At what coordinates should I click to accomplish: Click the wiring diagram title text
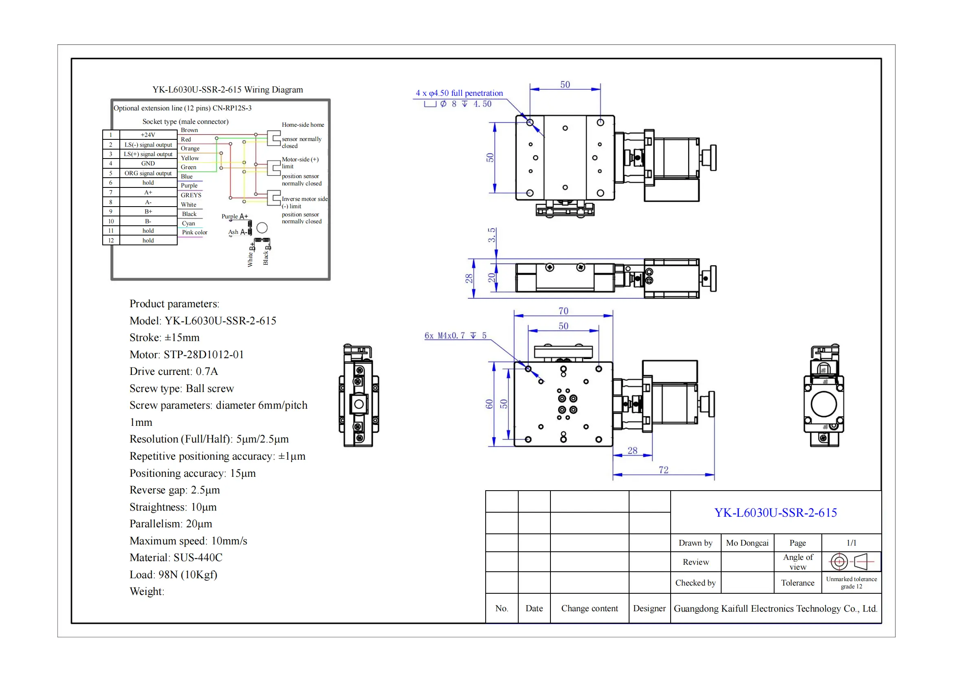[227, 90]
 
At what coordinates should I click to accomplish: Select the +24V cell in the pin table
[148, 135]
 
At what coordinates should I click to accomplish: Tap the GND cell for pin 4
[148, 163]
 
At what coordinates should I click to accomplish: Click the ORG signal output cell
[148, 173]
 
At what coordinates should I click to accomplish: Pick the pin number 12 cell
[111, 240]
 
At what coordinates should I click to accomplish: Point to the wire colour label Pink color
[194, 232]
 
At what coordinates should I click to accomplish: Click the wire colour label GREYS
[191, 195]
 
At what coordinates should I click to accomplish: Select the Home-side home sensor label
[303, 125]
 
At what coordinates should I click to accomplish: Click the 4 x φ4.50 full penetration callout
[459, 93]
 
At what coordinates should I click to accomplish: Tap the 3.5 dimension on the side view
[491, 235]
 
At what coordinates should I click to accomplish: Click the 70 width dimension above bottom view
[563, 311]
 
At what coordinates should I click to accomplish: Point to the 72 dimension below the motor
[663, 470]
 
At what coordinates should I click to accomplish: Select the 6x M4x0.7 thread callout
[455, 335]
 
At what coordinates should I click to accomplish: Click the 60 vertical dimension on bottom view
[489, 404]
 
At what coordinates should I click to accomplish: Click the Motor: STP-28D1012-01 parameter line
[186, 355]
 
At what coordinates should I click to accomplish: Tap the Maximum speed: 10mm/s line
[188, 541]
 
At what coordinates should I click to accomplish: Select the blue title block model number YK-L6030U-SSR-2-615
[775, 513]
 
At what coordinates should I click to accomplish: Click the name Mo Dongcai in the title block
[747, 543]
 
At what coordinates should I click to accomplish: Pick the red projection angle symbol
[851, 562]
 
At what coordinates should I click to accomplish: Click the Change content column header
[589, 608]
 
